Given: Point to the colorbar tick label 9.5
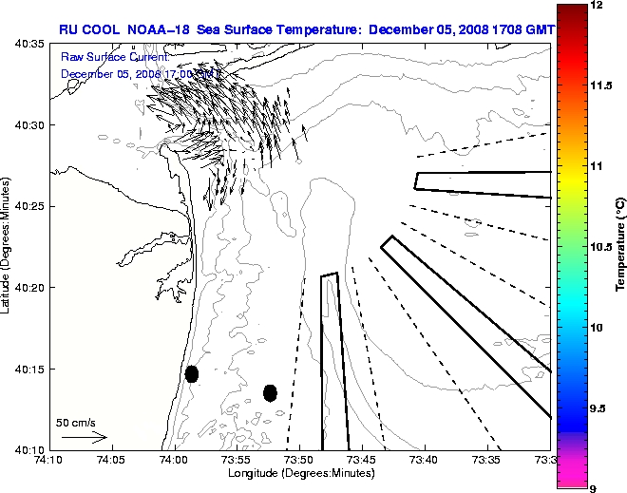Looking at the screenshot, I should click(600, 408).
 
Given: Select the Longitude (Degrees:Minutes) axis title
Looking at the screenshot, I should click(299, 472).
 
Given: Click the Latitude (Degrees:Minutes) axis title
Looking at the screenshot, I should click(7, 247).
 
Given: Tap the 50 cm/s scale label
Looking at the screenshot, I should click(75, 423).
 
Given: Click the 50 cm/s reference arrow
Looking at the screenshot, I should click(85, 438).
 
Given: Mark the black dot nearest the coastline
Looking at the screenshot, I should click(192, 373).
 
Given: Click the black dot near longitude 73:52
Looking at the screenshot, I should click(270, 392).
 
